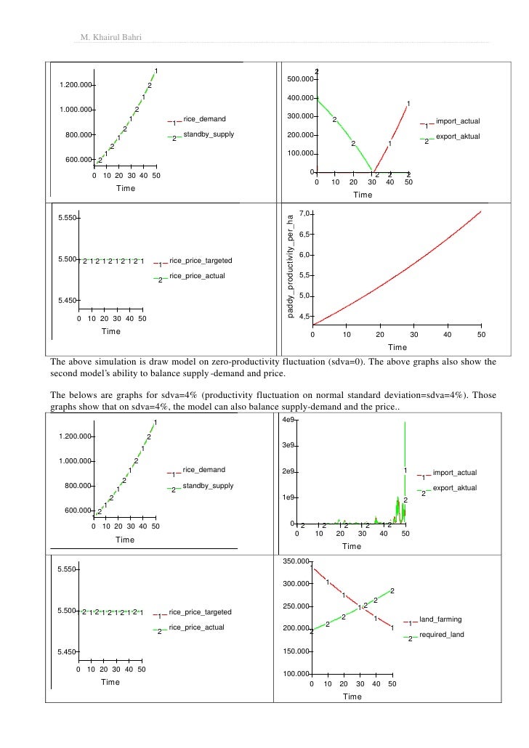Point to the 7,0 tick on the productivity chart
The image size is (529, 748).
305,214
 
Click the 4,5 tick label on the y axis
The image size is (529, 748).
305,317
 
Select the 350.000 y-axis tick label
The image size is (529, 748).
297,561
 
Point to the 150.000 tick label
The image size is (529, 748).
297,652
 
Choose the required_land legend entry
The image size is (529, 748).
441,635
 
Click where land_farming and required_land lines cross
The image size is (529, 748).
361,606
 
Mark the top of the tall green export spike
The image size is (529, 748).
403,423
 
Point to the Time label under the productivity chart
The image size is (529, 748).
397,347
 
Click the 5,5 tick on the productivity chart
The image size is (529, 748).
305,275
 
